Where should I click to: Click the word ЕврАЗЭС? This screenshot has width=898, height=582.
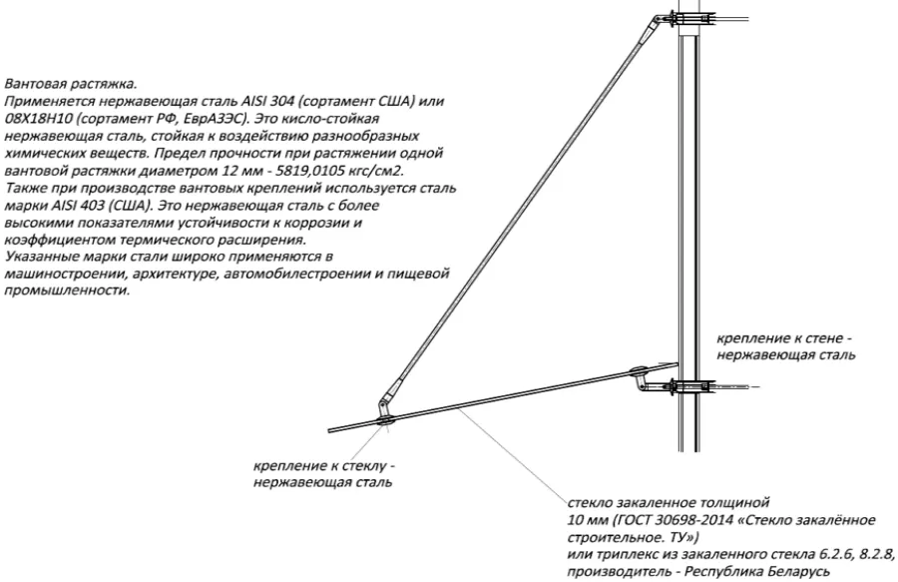tap(219, 119)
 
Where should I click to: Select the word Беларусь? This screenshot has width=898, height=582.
tap(800, 572)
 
